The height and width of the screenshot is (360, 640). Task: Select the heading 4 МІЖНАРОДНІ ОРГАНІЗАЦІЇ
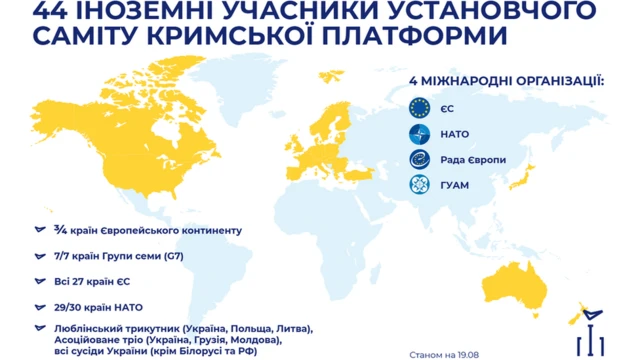507,79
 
